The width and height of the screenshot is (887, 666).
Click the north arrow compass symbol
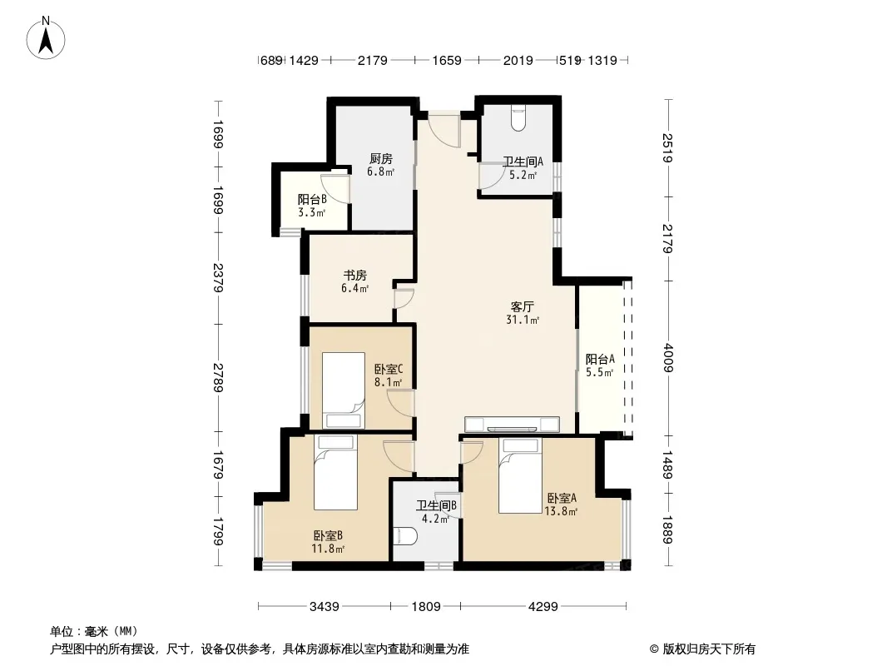pyautogui.click(x=46, y=37)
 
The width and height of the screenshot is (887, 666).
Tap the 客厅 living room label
pyautogui.click(x=522, y=307)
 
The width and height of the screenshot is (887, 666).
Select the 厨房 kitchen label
pyautogui.click(x=381, y=159)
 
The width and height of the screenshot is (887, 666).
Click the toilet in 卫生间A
pyautogui.click(x=518, y=118)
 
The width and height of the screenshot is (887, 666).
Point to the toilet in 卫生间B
pyautogui.click(x=405, y=535)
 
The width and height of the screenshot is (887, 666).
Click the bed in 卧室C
pyautogui.click(x=344, y=390)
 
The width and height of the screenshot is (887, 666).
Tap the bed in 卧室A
pyautogui.click(x=520, y=476)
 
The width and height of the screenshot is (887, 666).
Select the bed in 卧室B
pyautogui.click(x=335, y=473)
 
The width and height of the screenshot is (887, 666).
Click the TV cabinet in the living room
pyautogui.click(x=512, y=425)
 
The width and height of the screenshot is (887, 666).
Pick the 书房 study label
pyautogui.click(x=355, y=276)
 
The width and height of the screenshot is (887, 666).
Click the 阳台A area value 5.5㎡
pyautogui.click(x=600, y=373)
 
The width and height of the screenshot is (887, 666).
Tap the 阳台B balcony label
pyautogui.click(x=312, y=199)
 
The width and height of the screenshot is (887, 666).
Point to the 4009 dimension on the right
pyautogui.click(x=668, y=358)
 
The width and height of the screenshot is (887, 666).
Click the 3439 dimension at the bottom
pyautogui.click(x=325, y=607)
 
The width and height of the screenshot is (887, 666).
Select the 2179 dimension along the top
pyautogui.click(x=372, y=60)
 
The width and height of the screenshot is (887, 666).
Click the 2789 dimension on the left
pyautogui.click(x=218, y=377)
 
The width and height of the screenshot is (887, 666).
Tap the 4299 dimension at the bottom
pyautogui.click(x=543, y=607)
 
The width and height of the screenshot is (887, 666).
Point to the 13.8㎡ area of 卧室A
pyautogui.click(x=561, y=512)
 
